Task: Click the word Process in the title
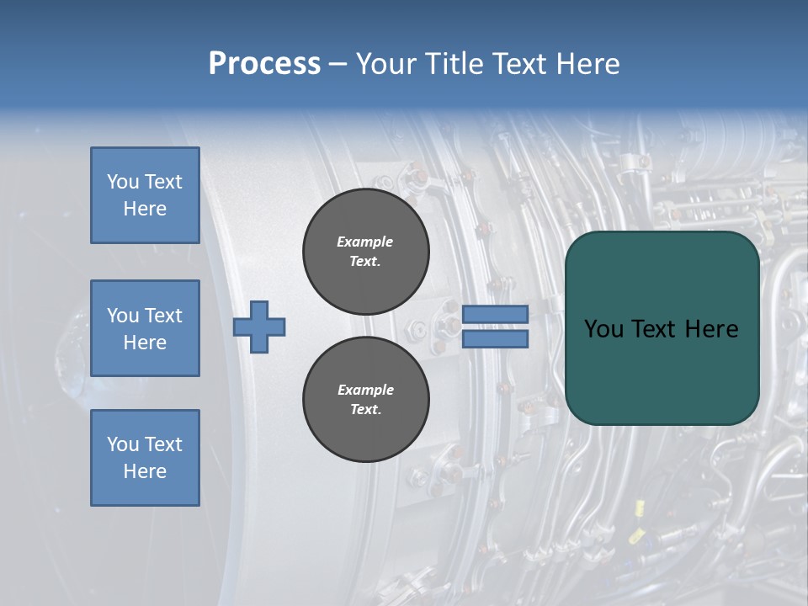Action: [x=264, y=64]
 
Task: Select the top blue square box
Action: [x=145, y=195]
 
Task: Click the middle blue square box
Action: [x=145, y=328]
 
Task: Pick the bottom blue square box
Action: [x=145, y=458]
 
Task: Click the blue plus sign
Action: [x=259, y=327]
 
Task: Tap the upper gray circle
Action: [x=365, y=252]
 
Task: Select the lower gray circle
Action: [x=365, y=400]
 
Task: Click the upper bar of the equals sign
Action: [x=496, y=315]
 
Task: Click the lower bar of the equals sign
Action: [x=496, y=339]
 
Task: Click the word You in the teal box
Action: [x=603, y=329]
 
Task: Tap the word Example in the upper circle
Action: [x=365, y=242]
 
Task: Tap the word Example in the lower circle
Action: [x=365, y=390]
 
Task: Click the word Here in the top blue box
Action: [x=145, y=209]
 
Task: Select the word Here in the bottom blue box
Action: [x=145, y=471]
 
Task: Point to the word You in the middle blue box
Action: [x=121, y=316]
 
